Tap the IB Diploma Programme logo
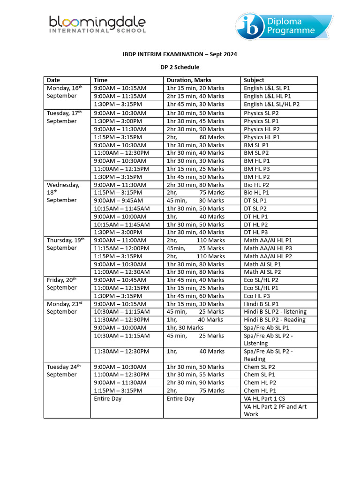283,26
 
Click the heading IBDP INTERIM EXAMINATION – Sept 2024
180,54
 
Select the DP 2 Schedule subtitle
180,67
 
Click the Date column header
53,80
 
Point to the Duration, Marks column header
189,80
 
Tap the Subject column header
254,80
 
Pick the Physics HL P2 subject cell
262,129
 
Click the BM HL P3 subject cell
257,169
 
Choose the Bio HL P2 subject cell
256,185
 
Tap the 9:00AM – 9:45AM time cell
115,201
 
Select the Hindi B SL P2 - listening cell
275,312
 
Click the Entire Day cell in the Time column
107,398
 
